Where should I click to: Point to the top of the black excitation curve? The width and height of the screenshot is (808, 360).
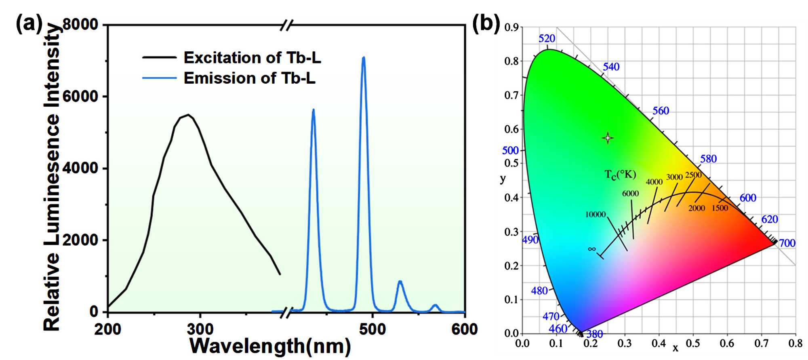(188, 115)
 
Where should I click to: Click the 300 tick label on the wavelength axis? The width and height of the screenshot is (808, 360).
(200, 329)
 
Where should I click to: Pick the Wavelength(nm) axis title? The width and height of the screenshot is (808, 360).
(270, 346)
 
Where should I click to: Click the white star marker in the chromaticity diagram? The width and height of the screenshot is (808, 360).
(608, 138)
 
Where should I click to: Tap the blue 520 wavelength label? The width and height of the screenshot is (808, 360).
(547, 38)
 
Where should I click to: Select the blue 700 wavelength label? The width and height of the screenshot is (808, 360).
(787, 243)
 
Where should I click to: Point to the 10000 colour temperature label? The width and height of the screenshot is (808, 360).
(595, 215)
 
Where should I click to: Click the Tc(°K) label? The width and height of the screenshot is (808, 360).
(620, 175)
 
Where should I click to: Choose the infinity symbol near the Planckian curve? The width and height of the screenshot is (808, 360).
(592, 249)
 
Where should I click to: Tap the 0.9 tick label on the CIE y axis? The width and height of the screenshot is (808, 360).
(511, 27)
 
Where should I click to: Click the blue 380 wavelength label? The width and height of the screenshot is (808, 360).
(594, 334)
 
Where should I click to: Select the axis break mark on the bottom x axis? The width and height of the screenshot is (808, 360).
(286, 312)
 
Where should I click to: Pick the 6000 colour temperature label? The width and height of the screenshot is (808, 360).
(630, 194)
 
